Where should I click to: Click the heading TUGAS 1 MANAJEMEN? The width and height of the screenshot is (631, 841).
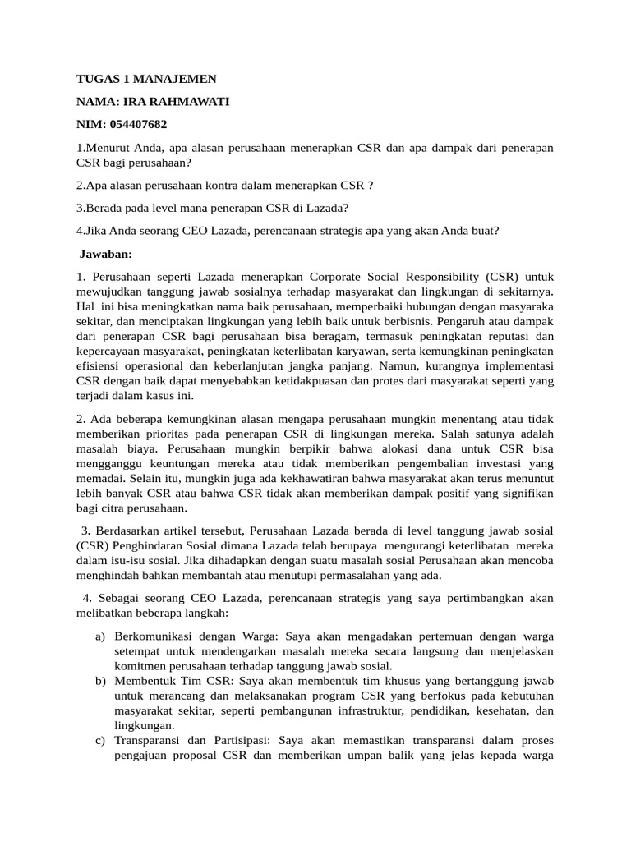pos(146,79)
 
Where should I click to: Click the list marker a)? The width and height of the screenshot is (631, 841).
pos(100,636)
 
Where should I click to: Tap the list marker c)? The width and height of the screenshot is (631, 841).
pos(100,741)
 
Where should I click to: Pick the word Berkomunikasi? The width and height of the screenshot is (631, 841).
pos(153,636)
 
